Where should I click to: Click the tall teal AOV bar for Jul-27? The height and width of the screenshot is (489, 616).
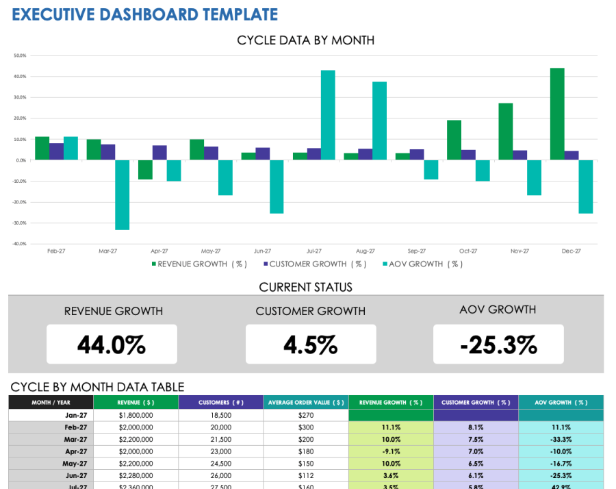point(328,115)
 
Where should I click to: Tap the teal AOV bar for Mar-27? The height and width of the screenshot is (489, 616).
point(122,195)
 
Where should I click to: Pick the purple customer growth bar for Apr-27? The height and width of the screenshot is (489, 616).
point(159,153)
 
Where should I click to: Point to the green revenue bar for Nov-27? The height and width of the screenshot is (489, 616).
point(506,131)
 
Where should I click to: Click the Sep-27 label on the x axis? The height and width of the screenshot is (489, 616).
point(416,251)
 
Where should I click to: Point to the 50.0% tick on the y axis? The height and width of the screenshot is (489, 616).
point(19,55)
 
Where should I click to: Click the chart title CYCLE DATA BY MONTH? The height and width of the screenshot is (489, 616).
point(305,40)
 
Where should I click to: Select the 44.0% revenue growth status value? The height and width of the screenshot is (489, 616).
point(112,344)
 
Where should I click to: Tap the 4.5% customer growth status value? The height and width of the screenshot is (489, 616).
point(311,344)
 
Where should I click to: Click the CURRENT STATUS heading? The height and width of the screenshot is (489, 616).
point(306,287)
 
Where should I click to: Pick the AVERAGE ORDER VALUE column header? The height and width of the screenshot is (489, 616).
point(306,403)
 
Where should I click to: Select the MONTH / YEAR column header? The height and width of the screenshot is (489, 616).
point(51,403)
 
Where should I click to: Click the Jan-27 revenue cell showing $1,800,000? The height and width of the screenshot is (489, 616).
point(136,415)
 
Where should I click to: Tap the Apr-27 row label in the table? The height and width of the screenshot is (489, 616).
point(75,451)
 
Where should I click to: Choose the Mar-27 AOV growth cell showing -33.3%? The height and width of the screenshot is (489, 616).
point(561,439)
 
